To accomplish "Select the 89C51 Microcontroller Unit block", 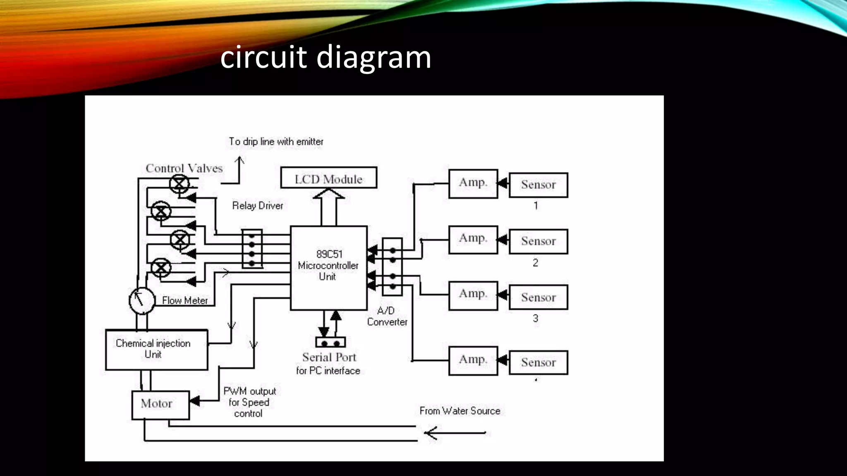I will tap(328, 267).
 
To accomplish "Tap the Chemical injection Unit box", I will tap(156, 350).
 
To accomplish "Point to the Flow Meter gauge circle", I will tap(141, 300).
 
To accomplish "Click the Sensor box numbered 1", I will tap(538, 185).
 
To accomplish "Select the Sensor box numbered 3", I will tap(538, 297).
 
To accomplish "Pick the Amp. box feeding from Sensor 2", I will tap(473, 239).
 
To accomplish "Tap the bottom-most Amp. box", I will tap(473, 360).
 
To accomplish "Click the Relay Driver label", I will tap(257, 205).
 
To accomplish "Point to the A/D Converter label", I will tap(387, 316).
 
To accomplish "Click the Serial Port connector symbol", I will tap(330, 343).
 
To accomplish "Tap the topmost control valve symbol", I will tap(179, 183).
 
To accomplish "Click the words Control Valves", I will tap(184, 168).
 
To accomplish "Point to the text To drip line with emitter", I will tap(276, 141).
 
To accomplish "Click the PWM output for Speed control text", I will tap(249, 402).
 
